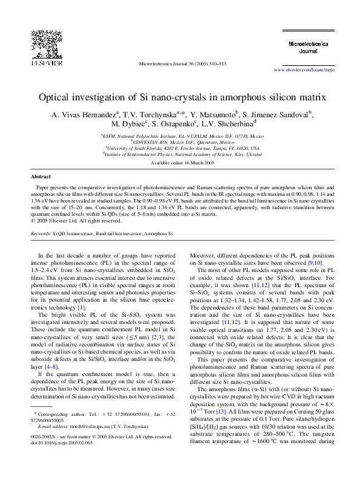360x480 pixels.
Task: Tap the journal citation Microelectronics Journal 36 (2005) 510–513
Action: tap(183, 63)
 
